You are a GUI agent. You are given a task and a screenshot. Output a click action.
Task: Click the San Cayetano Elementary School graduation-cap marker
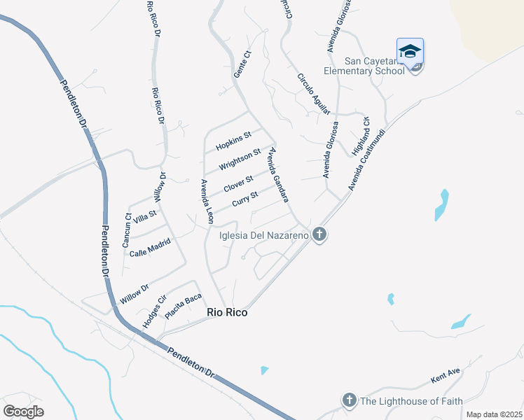[410, 52]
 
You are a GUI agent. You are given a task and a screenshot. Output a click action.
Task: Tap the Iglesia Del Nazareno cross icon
[319, 234]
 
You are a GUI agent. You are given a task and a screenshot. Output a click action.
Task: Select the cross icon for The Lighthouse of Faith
[349, 400]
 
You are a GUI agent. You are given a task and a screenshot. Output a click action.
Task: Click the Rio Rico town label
[227, 313]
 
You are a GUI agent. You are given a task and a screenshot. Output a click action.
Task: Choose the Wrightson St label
[240, 159]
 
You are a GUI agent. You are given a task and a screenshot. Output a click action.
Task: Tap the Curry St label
[245, 200]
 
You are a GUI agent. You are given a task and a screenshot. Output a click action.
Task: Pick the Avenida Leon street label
[207, 202]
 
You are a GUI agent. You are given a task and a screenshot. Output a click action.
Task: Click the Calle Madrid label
[150, 247]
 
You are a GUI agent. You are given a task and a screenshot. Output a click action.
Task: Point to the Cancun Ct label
[127, 230]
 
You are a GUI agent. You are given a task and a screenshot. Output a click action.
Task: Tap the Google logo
[24, 412]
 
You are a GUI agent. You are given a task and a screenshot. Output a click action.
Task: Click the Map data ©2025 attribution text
[494, 414]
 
